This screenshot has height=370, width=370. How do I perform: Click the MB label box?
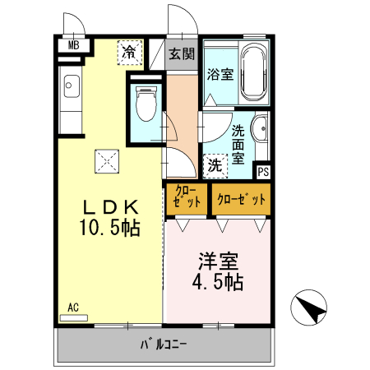click(x=72, y=45)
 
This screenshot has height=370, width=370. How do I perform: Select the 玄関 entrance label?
click(x=182, y=55)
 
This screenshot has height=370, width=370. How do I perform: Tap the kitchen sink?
click(x=70, y=86)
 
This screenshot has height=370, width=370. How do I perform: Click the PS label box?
click(x=263, y=172)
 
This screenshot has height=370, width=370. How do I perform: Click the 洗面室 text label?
click(x=238, y=144)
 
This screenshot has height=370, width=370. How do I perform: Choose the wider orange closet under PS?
click(x=241, y=199)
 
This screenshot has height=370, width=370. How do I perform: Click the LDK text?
click(x=107, y=206)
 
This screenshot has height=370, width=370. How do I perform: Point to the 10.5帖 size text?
click(x=107, y=227)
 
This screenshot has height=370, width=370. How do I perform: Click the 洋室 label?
click(x=217, y=264)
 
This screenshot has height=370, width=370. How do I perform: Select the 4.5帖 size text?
click(x=217, y=284)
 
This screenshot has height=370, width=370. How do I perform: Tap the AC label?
click(x=73, y=308)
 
